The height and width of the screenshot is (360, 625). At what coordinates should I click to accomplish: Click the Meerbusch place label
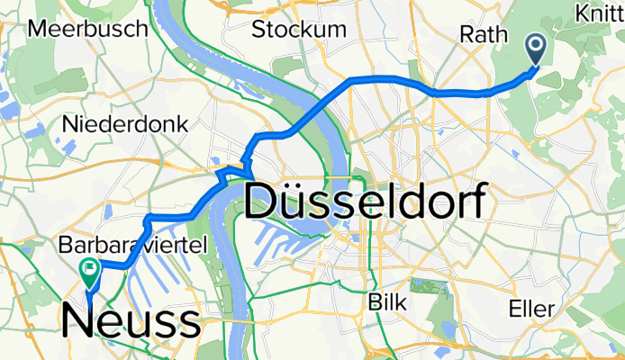[x=87, y=28]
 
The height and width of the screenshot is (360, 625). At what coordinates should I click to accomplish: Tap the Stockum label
[x=299, y=29]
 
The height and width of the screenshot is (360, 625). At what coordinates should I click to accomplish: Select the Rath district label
[x=480, y=34]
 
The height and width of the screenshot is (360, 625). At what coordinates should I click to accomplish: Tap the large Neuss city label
[x=131, y=319]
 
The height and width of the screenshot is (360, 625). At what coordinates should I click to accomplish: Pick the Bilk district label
[x=388, y=301]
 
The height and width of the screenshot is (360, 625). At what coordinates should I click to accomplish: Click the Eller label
[x=530, y=309]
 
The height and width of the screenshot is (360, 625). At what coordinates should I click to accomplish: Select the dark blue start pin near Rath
[x=534, y=49]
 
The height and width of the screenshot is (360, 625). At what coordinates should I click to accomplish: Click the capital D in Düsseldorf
[x=260, y=200]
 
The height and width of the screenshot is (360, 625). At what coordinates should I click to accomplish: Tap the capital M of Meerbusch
[x=39, y=28]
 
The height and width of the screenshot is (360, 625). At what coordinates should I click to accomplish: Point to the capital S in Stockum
[x=258, y=29]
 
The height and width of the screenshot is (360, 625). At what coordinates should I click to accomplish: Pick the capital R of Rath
[x=466, y=34]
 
